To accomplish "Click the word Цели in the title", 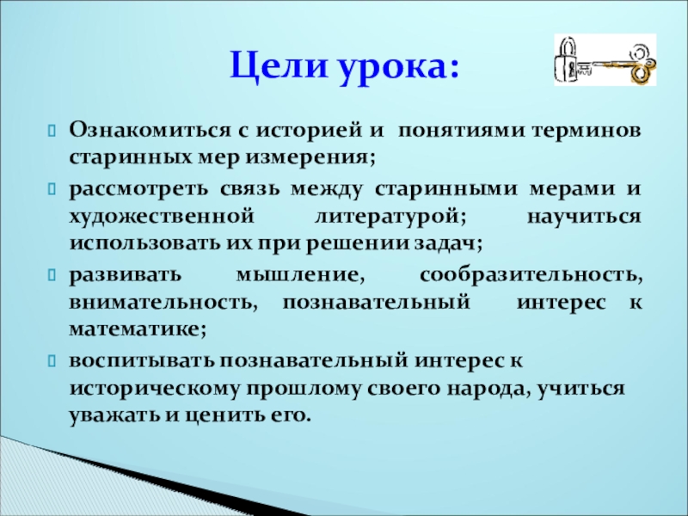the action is point(279,66).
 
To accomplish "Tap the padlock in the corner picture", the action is point(567,60).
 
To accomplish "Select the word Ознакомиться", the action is point(150,131).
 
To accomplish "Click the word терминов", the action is point(587,132).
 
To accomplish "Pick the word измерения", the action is point(310,158).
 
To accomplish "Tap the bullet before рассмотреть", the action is point(52,189).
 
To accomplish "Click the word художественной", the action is point(162,218).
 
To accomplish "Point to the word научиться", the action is point(584,218).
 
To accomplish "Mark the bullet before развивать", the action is point(52,275).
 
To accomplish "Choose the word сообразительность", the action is point(531,275).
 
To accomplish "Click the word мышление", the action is point(300,275).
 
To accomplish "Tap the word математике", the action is point(138,330).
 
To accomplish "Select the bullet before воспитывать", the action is point(52,361).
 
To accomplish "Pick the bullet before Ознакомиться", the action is point(52,132).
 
